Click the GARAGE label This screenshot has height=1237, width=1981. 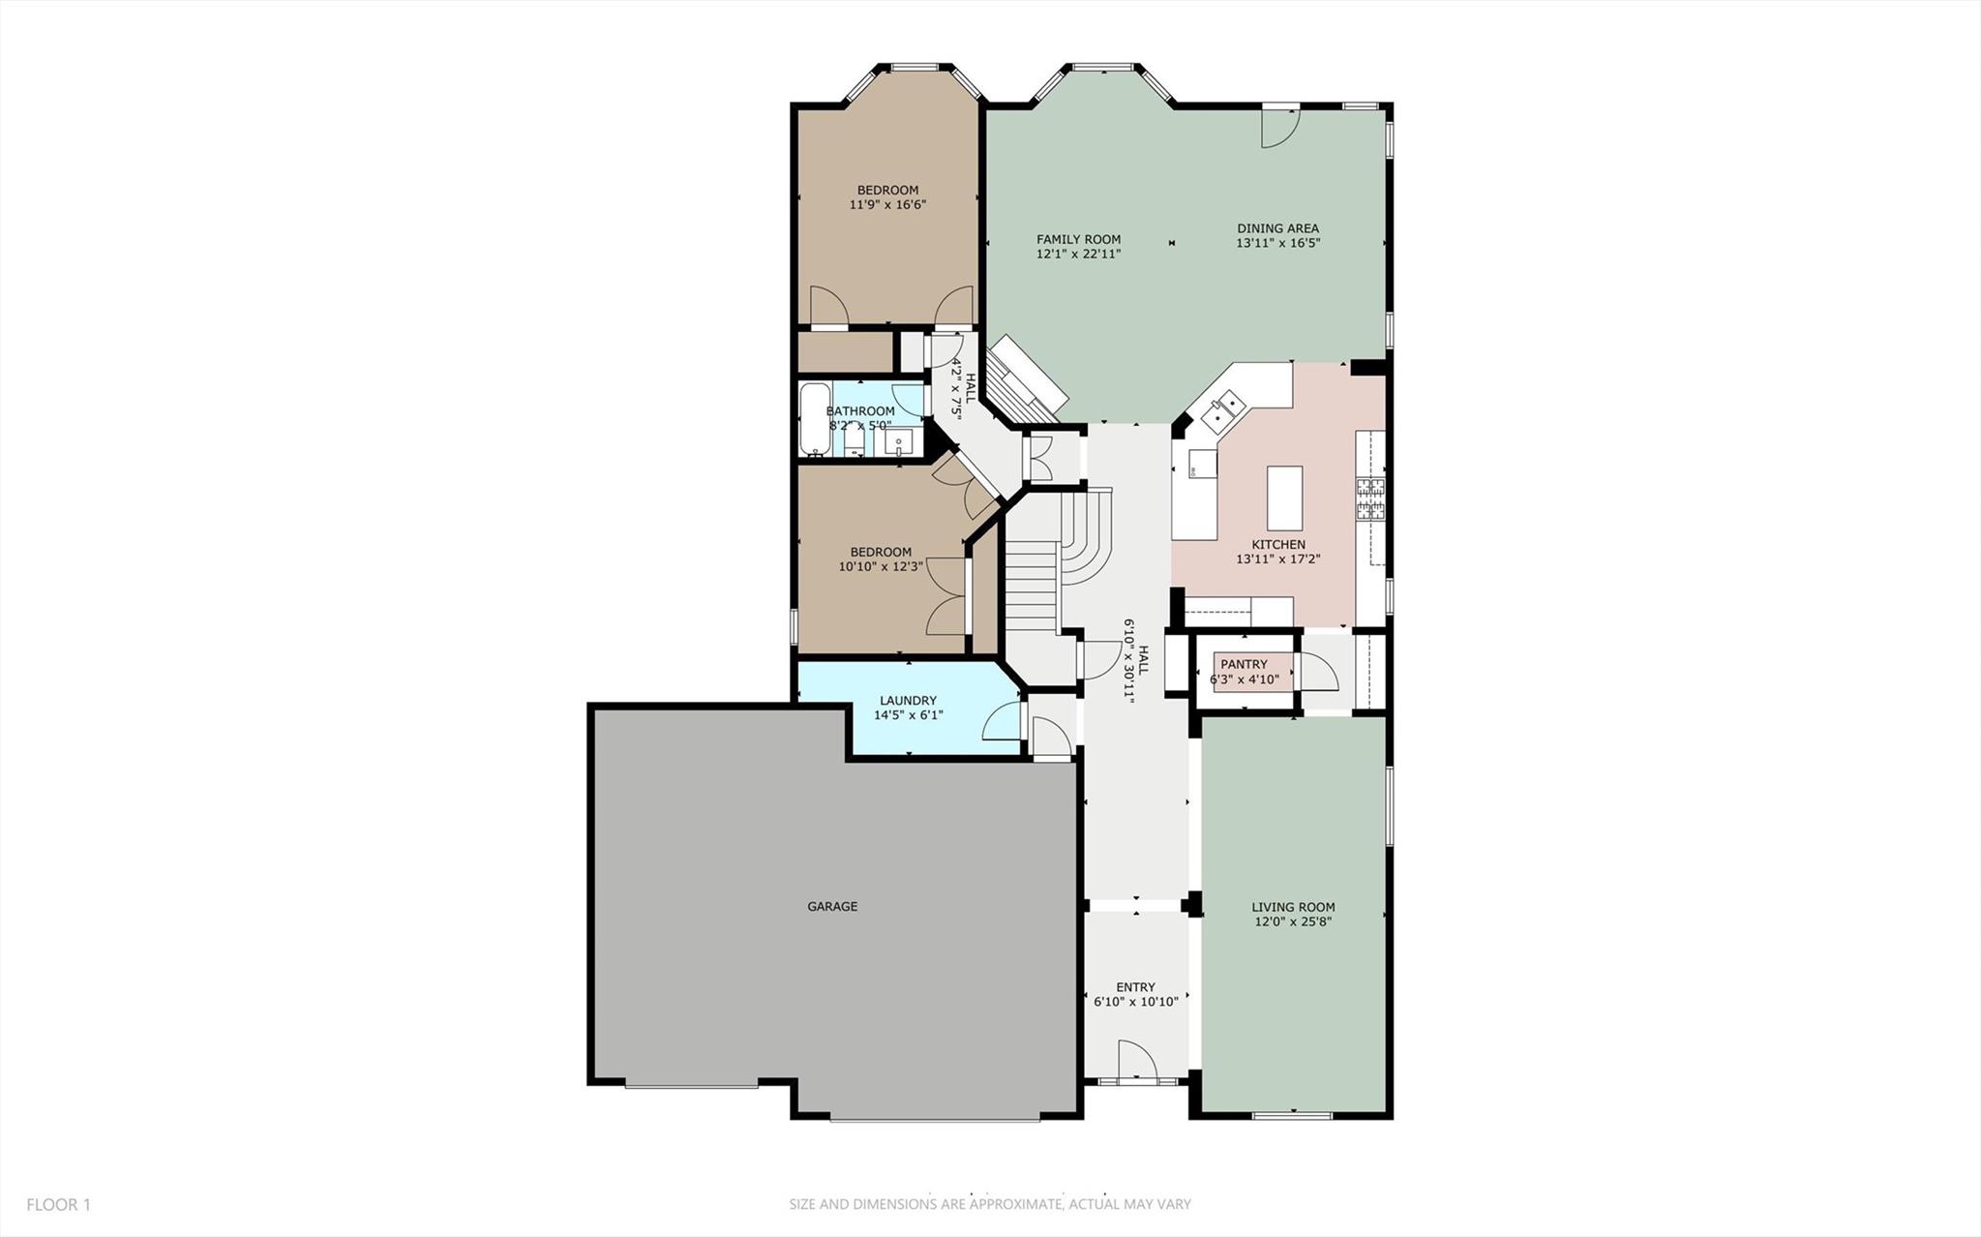(x=832, y=907)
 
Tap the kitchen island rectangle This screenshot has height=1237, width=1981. (x=1284, y=498)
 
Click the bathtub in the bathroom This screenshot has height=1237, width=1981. (x=814, y=420)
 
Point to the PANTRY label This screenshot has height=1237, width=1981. (x=1244, y=665)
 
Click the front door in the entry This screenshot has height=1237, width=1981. (x=1136, y=1061)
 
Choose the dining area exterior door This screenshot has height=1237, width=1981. (x=1280, y=127)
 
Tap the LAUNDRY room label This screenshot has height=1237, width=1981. (x=908, y=701)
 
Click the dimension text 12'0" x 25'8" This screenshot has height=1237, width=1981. (x=1293, y=922)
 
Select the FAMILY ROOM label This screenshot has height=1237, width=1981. (x=1078, y=239)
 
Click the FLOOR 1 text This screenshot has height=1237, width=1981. (x=58, y=1205)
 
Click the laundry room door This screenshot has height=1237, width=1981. (x=1004, y=722)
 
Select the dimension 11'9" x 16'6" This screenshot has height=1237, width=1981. (x=887, y=205)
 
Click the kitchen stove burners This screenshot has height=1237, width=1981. (x=1370, y=498)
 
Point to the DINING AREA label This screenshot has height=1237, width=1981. (x=1277, y=228)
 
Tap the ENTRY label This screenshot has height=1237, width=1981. (x=1135, y=988)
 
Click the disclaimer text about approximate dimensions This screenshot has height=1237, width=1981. (x=989, y=1205)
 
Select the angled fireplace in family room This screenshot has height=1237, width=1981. (x=1026, y=380)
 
